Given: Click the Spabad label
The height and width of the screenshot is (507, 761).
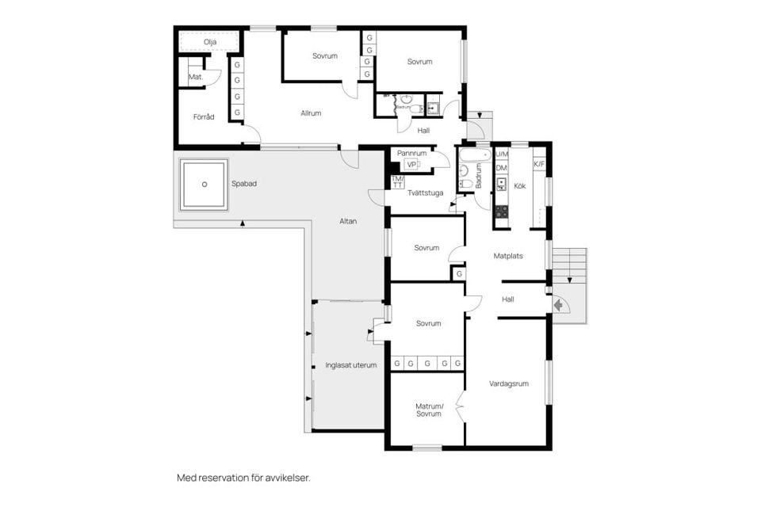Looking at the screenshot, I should coord(244,184).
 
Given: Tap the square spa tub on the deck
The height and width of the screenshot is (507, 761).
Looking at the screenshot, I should coord(205,185).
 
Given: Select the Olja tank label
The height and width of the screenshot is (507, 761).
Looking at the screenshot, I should coord(210,42).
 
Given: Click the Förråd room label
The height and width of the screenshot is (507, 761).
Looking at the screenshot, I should coord(204,117).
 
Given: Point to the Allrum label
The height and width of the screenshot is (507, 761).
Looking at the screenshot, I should coord(311,113).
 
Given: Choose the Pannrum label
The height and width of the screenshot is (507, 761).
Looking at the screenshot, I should coord(412,152).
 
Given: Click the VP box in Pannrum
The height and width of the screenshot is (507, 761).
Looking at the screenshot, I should coord(411,164).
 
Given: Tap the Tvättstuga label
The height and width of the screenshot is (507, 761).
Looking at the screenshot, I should coord(426,192).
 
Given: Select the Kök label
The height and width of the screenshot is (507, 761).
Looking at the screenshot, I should coord(520,187).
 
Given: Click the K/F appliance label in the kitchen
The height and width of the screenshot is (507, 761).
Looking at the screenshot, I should coord(539,165).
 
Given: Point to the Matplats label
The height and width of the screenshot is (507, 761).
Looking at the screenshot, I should coord(508,256).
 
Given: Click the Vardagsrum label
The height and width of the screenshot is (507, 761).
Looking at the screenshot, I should coord(509,383).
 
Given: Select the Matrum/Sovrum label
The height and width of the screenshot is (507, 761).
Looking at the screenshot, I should coord(429,410).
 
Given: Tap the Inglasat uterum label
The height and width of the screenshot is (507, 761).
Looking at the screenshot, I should coord(350,365).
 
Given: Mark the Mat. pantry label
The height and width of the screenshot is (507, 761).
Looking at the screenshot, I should coord(195,78).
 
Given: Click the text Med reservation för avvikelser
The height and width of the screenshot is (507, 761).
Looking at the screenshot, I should coord(243,478).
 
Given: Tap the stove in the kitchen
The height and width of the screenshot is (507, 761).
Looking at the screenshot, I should coord(502,212).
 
